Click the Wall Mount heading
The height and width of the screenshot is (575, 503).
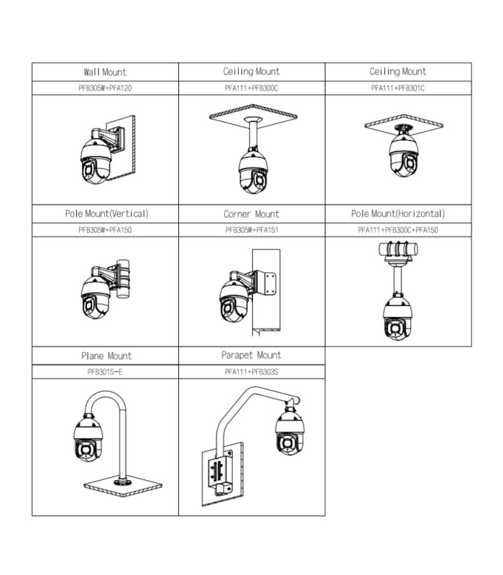pos(105,72)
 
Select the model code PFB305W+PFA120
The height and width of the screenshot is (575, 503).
pos(105,88)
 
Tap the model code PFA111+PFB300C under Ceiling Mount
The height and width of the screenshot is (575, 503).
pos(251,88)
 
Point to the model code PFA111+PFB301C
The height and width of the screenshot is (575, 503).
pos(397,88)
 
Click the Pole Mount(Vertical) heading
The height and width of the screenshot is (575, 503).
pos(105,213)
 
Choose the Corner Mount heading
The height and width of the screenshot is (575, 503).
pos(251,214)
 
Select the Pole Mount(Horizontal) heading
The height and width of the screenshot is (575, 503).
pos(397,213)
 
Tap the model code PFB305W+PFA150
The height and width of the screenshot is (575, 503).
pos(105,230)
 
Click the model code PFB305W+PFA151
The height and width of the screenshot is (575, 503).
pos(251,230)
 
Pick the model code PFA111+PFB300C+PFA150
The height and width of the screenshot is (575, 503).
pos(397,230)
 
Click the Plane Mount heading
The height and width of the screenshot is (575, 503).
pos(106,356)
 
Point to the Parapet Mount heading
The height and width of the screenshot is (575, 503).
pos(251,355)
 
